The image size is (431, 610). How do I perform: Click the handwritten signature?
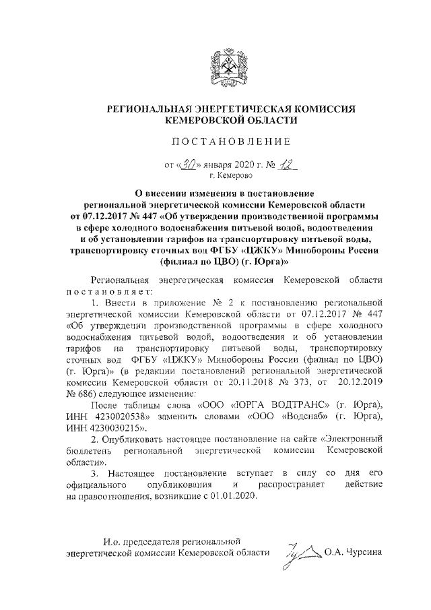click(x=301, y=554)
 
